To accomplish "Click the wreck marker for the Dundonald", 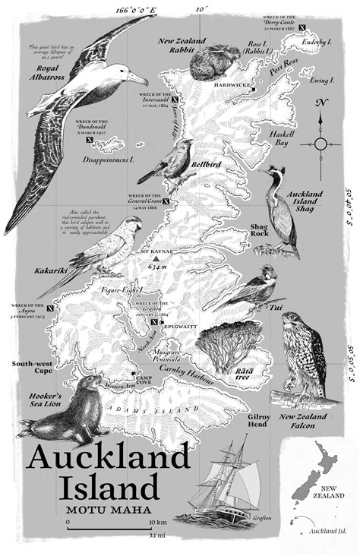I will pyautogui.click(x=90, y=140).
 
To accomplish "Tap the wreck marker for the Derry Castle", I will pyautogui.click(x=303, y=27).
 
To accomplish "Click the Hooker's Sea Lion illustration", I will pyautogui.click(x=74, y=410).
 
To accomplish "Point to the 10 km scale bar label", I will pyautogui.click(x=158, y=524).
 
